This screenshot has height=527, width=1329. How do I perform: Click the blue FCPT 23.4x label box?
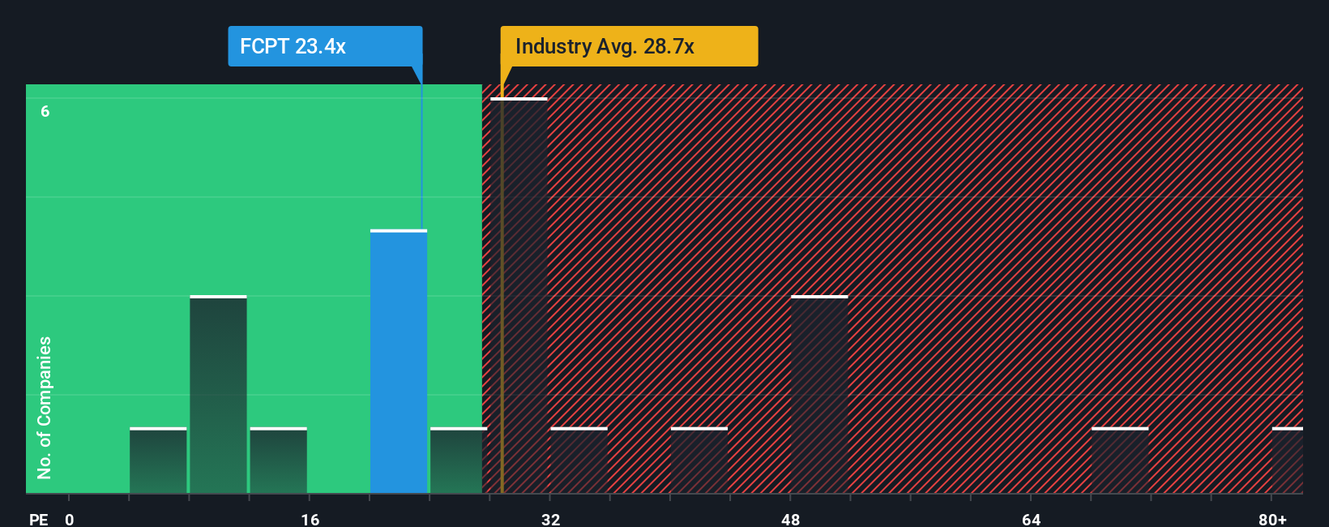click(x=324, y=46)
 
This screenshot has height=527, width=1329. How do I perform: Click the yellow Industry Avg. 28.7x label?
click(x=629, y=46)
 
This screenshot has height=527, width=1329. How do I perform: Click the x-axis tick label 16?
click(x=310, y=519)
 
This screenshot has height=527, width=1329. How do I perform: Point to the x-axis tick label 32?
click(x=550, y=519)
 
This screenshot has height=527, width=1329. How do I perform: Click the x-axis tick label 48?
click(x=790, y=519)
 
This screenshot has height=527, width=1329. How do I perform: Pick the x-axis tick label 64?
click(x=1031, y=519)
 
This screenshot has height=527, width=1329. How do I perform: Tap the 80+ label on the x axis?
click(x=1272, y=519)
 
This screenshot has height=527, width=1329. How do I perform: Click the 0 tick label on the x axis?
click(x=70, y=519)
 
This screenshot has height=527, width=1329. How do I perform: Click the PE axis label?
click(x=38, y=519)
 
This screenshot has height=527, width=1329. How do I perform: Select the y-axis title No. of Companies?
click(x=45, y=407)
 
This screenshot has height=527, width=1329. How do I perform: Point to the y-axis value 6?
click(x=45, y=111)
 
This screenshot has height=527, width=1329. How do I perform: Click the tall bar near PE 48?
click(x=819, y=395)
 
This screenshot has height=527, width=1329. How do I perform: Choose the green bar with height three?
click(x=218, y=395)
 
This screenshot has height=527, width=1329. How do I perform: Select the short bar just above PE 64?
click(x=1120, y=461)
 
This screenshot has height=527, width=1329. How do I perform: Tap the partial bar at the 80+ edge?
click(x=1287, y=461)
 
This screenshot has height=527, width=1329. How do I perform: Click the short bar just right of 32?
click(x=579, y=461)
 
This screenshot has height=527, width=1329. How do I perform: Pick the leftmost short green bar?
click(x=158, y=461)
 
